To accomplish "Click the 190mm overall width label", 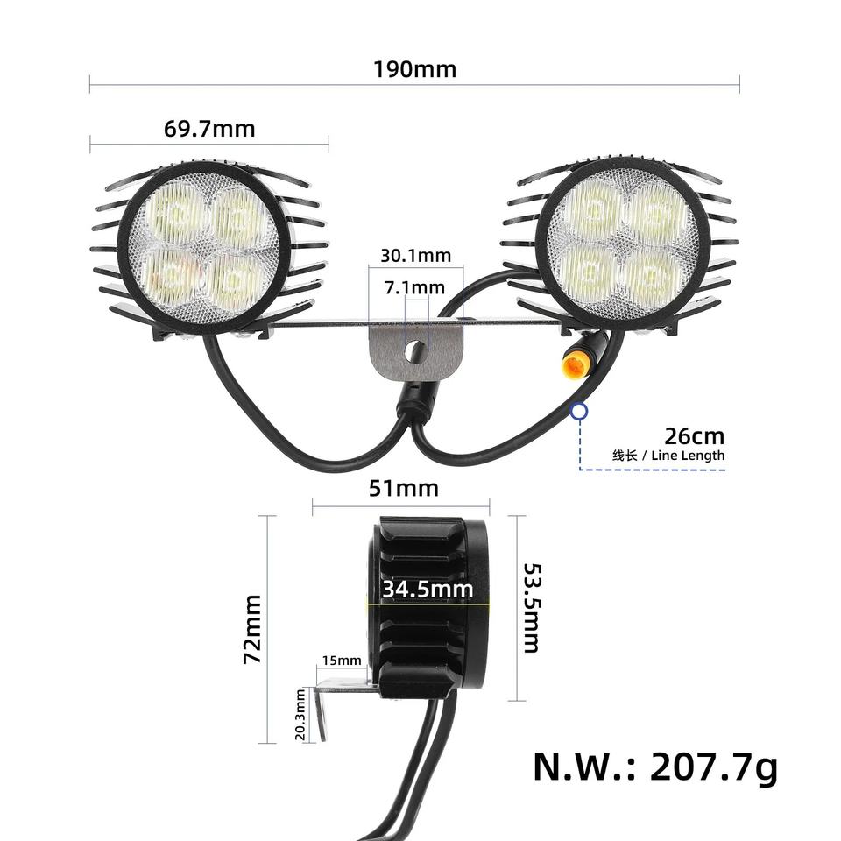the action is tap(414, 70).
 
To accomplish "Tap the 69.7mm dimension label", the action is tap(209, 129).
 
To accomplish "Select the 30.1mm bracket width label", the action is tap(415, 255).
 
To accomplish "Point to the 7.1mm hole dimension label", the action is tap(414, 287).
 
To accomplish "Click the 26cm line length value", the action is tap(695, 436).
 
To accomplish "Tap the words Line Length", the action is tap(688, 456).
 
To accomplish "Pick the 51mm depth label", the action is tap(403, 488).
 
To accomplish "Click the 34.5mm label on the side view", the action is tap(428, 589).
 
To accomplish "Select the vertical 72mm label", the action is tap(252, 629).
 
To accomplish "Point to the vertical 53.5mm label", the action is tap(532, 608).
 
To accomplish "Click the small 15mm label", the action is tap(342, 661).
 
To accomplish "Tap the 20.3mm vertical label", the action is tap(300, 715).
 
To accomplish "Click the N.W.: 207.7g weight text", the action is tap(655, 767).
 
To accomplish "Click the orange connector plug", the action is tap(574, 364).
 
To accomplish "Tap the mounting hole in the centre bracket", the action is tap(415, 351).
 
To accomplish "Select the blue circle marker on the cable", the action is tap(579, 412).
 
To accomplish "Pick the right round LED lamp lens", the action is tap(623, 244).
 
